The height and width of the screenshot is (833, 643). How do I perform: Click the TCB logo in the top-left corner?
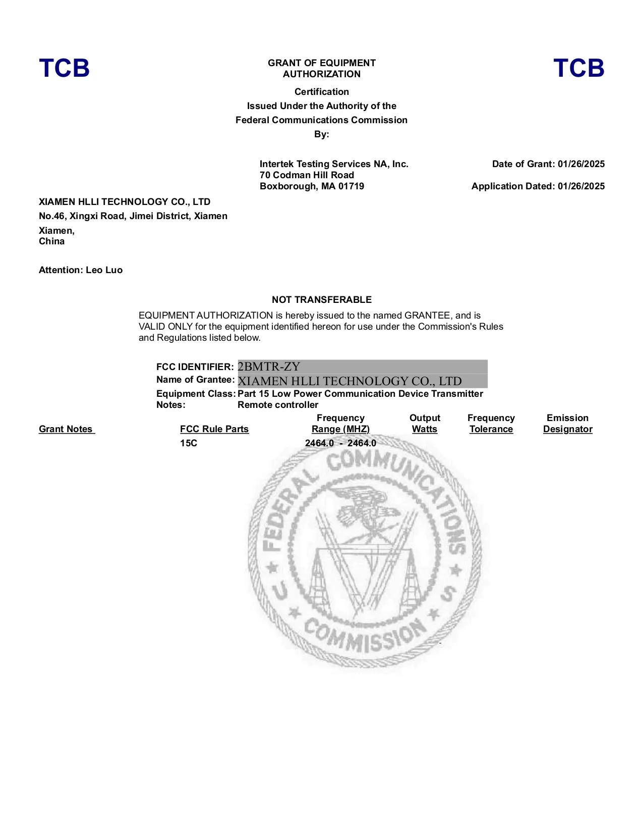pos(64,68)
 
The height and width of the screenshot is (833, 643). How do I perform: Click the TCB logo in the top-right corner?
pos(578,68)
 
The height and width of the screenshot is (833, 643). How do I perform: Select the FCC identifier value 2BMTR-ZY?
pos(269,367)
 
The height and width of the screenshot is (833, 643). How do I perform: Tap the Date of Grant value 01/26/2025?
pos(581,164)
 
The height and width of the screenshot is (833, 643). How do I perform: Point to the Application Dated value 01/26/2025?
pos(581,186)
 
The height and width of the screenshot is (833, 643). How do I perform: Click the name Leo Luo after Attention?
pos(104,270)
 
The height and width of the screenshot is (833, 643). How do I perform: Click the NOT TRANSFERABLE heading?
pos(322,300)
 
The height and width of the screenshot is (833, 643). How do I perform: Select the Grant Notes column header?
pos(66,429)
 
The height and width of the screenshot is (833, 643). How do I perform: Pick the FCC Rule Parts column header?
pos(214,429)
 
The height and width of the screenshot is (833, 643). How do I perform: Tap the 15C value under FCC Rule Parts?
pos(189,443)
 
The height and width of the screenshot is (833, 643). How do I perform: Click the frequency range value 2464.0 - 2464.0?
pos(340,443)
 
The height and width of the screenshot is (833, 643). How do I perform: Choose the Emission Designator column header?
pos(567,424)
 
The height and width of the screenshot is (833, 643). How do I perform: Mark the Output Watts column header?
pos(425,424)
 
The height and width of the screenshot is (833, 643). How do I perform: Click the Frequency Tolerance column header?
pos(491,424)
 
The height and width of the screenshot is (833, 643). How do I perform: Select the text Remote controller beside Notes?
pos(278,405)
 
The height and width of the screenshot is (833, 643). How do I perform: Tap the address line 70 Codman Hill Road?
pos(307,175)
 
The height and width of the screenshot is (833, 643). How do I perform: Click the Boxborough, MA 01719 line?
pos(312,186)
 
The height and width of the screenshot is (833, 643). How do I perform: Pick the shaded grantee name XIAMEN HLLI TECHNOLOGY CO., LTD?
pos(349,381)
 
